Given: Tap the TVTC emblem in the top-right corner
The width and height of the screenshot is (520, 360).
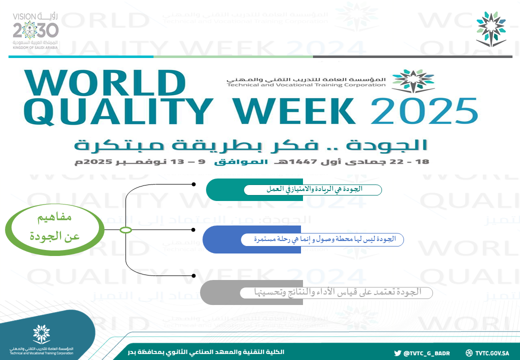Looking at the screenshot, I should point(490,29).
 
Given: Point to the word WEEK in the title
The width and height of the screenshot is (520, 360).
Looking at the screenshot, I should point(300,111).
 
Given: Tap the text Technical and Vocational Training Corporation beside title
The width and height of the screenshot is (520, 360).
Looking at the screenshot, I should point(306,85).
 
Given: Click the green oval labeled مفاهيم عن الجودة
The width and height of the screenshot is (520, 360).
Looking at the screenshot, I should point(55,229).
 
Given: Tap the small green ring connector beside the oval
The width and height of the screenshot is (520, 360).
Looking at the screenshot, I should point(126,230).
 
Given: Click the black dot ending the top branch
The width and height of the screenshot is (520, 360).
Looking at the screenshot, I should point(193,184).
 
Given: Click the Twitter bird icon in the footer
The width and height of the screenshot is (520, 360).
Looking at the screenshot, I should point(397,352).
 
